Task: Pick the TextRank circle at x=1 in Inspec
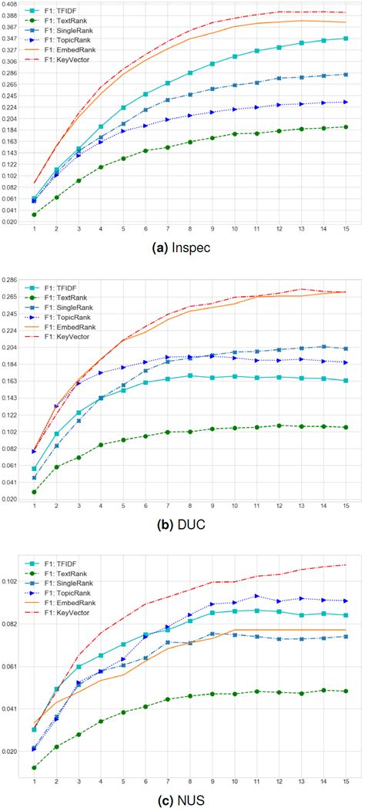pos(34,214)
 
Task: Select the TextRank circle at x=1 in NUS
pos(34,767)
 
